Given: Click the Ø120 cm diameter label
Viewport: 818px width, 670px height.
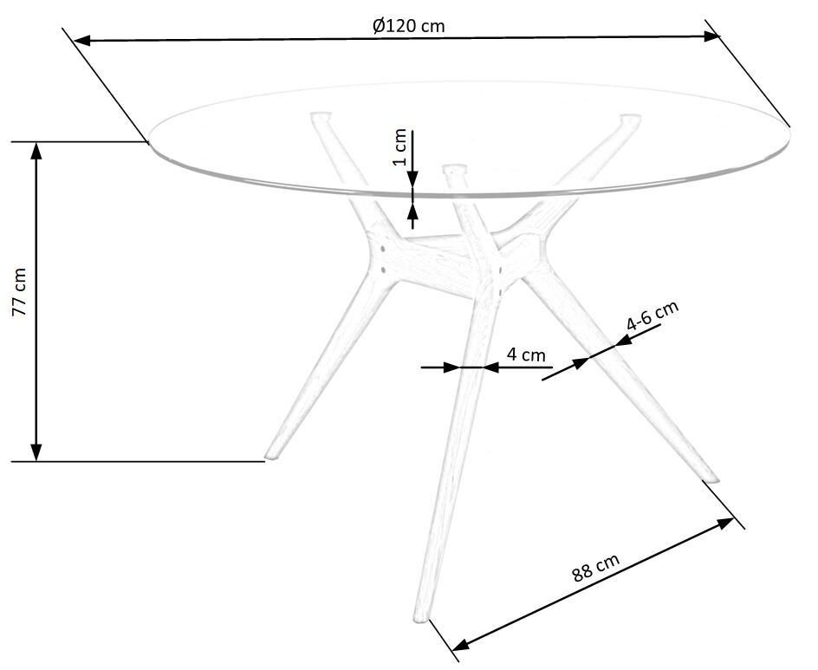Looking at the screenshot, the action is (x=409, y=25).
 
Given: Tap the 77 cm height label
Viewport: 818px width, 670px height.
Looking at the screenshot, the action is (x=19, y=292).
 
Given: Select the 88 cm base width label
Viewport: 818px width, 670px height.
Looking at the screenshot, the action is (x=596, y=567).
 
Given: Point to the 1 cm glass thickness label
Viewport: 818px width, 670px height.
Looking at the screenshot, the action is (x=399, y=146).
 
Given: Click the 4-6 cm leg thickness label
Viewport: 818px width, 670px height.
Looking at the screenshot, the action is (x=652, y=315).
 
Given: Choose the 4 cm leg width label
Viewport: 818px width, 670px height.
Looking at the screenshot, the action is (x=526, y=355).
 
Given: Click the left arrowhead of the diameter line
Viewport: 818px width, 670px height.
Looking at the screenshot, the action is (x=82, y=40).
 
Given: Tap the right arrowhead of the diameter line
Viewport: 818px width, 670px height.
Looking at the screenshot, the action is (x=711, y=36).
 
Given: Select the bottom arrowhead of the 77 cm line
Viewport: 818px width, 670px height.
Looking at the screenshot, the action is (x=36, y=452).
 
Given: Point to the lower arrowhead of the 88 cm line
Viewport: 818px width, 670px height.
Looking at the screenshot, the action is (x=461, y=644).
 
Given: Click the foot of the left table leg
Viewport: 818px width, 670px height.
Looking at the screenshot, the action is (x=271, y=456).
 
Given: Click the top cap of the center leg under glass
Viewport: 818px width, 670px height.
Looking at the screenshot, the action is (x=454, y=170).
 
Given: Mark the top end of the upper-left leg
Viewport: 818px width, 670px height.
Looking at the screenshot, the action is (x=321, y=115).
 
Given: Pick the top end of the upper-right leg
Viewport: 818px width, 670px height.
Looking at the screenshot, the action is (x=629, y=119).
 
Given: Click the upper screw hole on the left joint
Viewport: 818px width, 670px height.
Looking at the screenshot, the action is (x=383, y=250).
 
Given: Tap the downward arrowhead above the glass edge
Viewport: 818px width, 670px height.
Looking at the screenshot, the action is (x=412, y=179).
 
